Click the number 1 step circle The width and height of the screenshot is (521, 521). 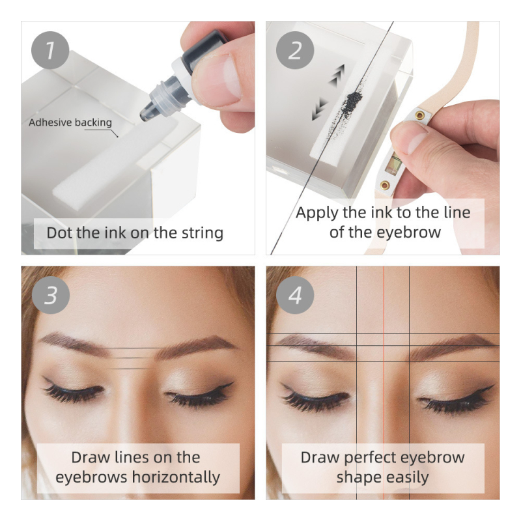[50, 50]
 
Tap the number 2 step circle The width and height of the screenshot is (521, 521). [295, 50]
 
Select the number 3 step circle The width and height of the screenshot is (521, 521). [50, 295]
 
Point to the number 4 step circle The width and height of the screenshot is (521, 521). [295, 295]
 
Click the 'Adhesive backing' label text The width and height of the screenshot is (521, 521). [70, 122]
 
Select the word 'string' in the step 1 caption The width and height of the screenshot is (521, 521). [202, 232]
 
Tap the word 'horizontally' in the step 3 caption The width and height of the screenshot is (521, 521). [176, 477]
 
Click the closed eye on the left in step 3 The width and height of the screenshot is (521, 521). [73, 393]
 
